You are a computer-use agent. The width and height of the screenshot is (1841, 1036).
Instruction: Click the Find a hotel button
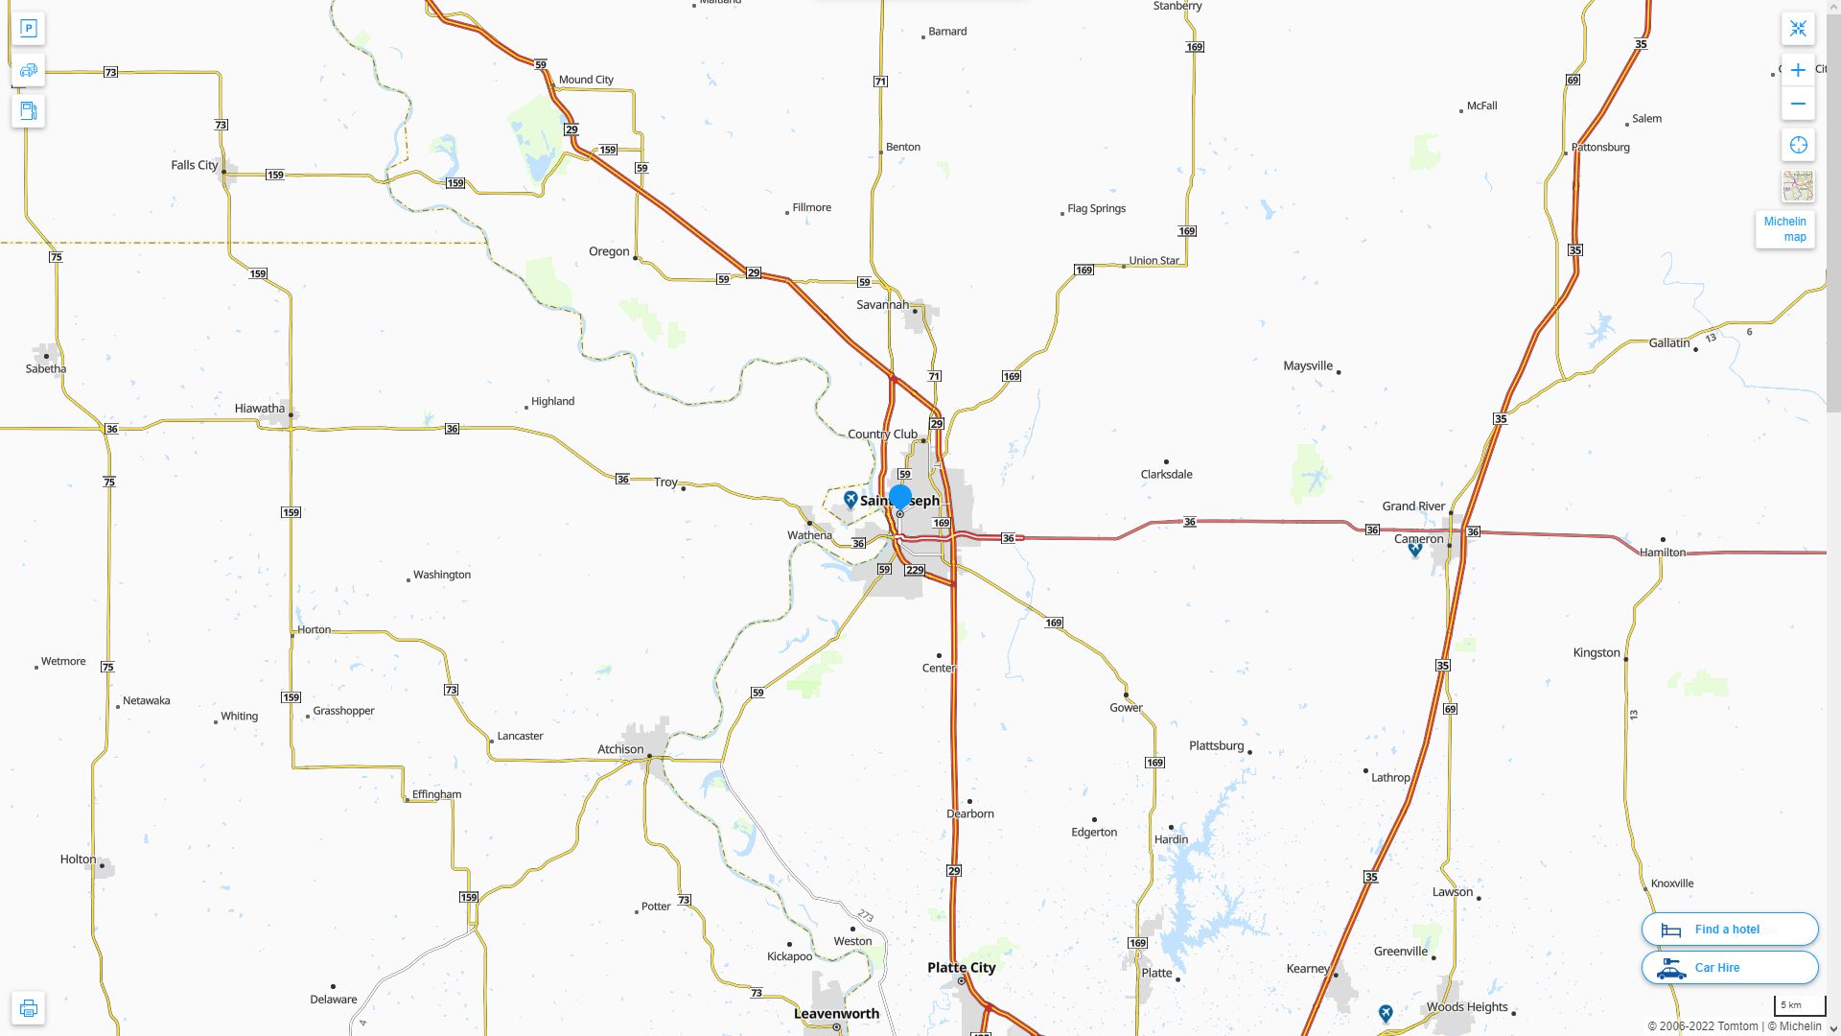(x=1729, y=930)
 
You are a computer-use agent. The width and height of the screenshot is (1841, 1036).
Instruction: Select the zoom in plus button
(x=1798, y=70)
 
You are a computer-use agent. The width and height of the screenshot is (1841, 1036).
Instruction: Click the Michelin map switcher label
(x=1784, y=229)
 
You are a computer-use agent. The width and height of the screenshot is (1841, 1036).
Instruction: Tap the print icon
(x=28, y=1008)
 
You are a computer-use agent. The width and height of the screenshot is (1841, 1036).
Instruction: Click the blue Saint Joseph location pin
(x=899, y=497)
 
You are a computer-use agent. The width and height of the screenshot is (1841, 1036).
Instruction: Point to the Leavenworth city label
(x=836, y=1014)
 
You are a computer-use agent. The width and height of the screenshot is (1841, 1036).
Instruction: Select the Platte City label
(x=961, y=968)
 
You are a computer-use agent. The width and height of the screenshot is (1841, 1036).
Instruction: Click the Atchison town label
(x=620, y=750)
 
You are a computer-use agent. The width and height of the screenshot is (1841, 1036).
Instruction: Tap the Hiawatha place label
(x=259, y=409)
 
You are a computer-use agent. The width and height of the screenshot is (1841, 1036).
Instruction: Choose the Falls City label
(x=194, y=166)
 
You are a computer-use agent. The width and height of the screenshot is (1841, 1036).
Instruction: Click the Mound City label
(x=586, y=81)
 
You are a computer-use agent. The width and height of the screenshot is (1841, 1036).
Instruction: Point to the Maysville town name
(x=1308, y=366)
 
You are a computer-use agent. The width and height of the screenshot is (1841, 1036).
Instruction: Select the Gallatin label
(x=1669, y=343)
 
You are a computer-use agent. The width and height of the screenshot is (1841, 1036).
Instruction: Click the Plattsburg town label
(x=1216, y=746)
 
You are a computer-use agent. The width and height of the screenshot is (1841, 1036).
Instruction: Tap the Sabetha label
(x=46, y=369)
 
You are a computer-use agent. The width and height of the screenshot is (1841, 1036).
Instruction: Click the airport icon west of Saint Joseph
(x=851, y=500)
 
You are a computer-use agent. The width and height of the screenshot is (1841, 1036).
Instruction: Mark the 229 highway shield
(x=915, y=571)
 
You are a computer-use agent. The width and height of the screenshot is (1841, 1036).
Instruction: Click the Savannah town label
(x=882, y=305)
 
